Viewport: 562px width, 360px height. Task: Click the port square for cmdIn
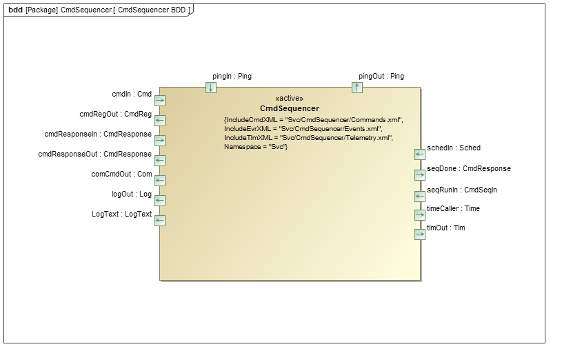tap(160, 101)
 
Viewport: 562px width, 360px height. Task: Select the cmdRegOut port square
tap(160, 121)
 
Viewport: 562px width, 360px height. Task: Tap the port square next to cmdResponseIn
tap(160, 141)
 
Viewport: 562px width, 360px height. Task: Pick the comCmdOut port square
tap(160, 181)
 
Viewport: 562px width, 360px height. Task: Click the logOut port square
tap(160, 201)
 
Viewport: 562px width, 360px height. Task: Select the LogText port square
tap(160, 221)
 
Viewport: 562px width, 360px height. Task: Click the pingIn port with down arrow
tap(211, 88)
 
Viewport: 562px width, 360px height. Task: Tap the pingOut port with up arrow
tap(357, 88)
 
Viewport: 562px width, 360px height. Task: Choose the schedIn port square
tap(419, 154)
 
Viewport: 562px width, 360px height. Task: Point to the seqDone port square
tap(419, 175)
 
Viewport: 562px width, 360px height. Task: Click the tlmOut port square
tap(419, 234)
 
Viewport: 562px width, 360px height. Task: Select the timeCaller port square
tap(419, 215)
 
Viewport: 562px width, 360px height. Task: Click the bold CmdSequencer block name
tap(289, 109)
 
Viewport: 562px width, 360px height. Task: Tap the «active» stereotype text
tap(289, 99)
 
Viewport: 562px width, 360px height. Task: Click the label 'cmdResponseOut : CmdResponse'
tap(94, 154)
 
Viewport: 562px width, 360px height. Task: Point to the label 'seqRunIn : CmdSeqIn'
tap(461, 190)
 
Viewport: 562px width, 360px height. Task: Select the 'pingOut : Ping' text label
tap(381, 77)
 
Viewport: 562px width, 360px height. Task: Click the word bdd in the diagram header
tap(15, 10)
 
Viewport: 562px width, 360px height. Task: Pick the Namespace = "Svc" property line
tap(255, 148)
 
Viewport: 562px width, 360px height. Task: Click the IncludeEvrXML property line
tap(303, 129)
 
